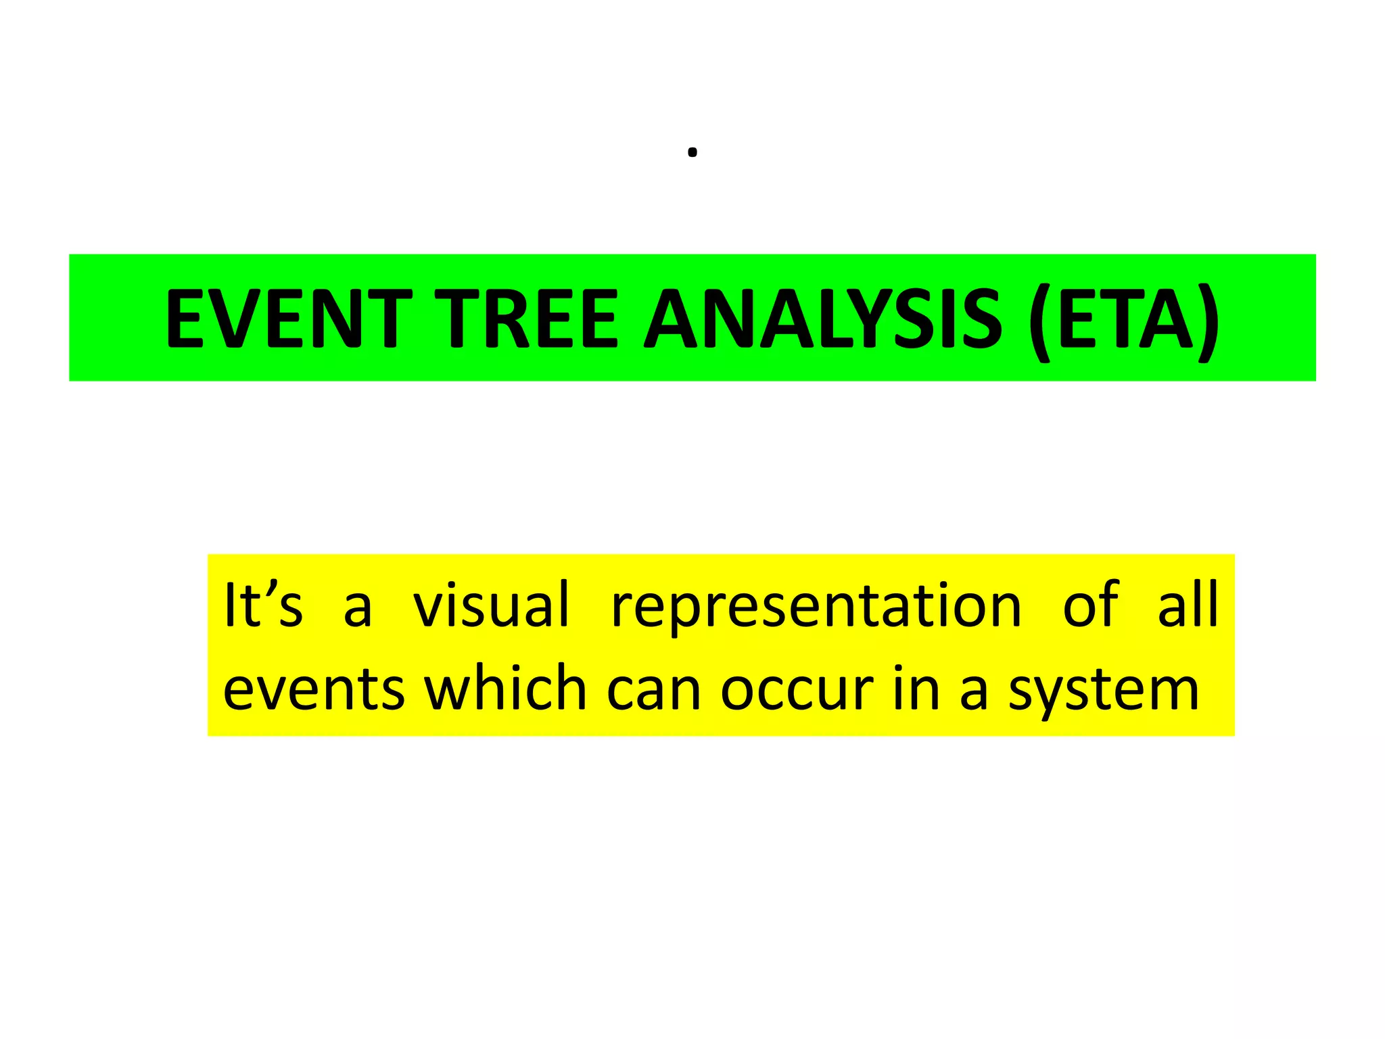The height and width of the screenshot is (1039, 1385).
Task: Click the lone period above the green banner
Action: pos(692,153)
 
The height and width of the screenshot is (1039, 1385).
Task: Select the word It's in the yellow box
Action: pos(262,604)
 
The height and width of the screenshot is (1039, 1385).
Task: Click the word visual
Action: pos(492,604)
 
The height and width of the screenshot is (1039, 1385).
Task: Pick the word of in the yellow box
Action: pos(1090,604)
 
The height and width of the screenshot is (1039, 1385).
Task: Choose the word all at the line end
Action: pos(1188,604)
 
